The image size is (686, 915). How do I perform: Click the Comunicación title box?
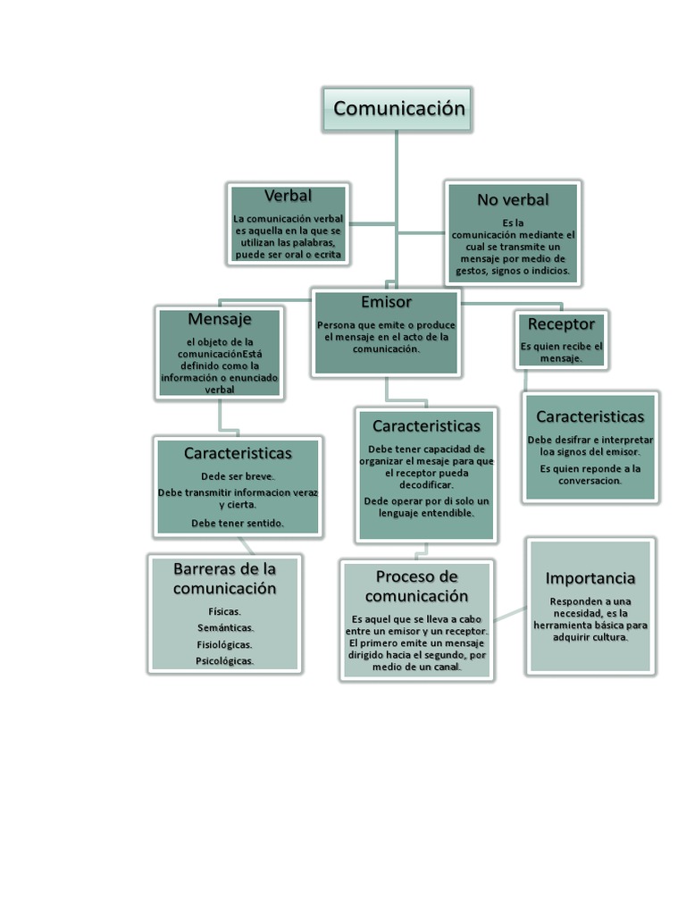click(398, 109)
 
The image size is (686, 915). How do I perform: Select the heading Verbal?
click(288, 195)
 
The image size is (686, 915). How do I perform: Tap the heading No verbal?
click(513, 199)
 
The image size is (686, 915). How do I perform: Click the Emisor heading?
click(386, 302)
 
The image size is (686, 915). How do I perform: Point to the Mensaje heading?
click(220, 319)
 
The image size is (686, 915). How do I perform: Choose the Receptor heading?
click(561, 323)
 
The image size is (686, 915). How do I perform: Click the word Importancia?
click(590, 578)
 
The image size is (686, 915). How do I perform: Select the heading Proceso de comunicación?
click(416, 586)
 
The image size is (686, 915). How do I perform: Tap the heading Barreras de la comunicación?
click(224, 578)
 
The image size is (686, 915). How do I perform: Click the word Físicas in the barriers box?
click(224, 612)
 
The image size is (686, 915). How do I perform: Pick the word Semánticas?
click(225, 628)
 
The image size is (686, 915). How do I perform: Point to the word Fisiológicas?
click(224, 644)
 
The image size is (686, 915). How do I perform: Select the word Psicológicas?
click(225, 661)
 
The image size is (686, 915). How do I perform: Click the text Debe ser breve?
click(238, 476)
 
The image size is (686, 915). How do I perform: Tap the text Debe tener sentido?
click(238, 524)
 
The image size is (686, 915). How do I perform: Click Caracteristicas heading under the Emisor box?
click(426, 426)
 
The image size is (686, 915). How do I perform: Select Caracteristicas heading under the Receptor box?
click(590, 416)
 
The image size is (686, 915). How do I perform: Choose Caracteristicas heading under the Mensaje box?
click(238, 453)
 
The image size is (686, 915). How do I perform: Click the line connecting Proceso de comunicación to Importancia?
click(509, 614)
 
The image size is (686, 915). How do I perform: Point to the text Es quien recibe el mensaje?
click(561, 352)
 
